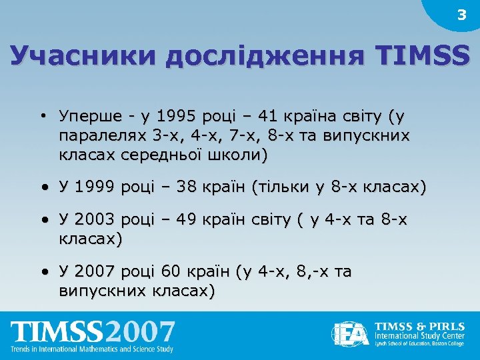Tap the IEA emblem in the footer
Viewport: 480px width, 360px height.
[349, 334]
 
